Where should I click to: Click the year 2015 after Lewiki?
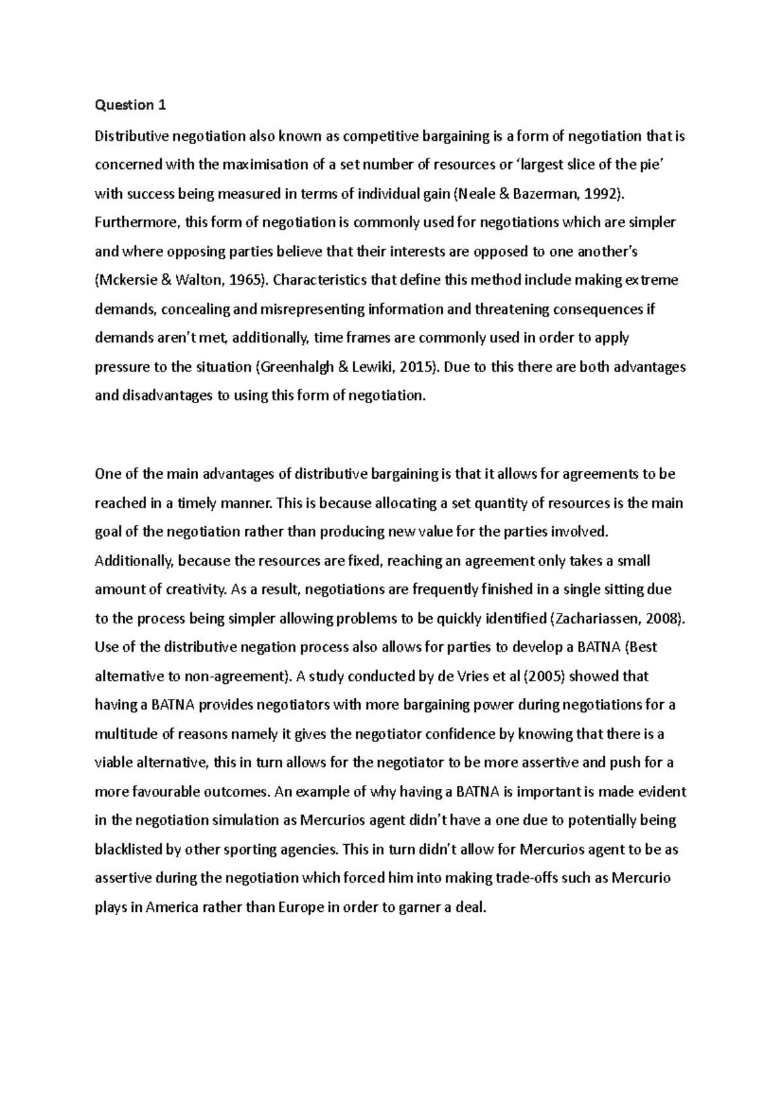tap(415, 367)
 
